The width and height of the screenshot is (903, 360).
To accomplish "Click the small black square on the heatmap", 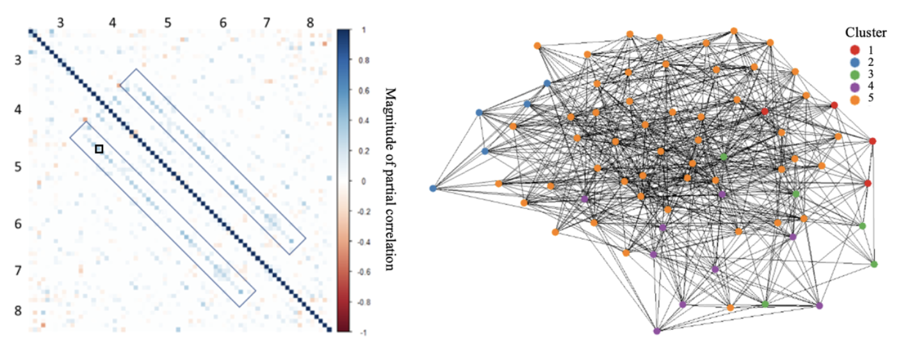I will point(99,149).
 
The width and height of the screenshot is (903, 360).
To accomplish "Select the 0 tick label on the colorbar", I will point(363,181).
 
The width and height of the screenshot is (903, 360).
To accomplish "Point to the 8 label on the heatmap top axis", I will point(310,23).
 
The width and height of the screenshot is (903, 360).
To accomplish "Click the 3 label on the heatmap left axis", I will point(19,61).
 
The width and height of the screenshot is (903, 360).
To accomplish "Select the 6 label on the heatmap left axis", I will point(19,224).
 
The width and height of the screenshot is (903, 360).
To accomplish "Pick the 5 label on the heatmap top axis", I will point(167,23).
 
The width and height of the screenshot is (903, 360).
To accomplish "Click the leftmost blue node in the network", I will point(433,188).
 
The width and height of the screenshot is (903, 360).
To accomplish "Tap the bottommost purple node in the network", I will point(657,331).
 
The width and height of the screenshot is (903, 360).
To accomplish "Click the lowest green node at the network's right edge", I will point(874,264).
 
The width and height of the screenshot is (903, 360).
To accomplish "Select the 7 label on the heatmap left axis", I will point(19,270).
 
